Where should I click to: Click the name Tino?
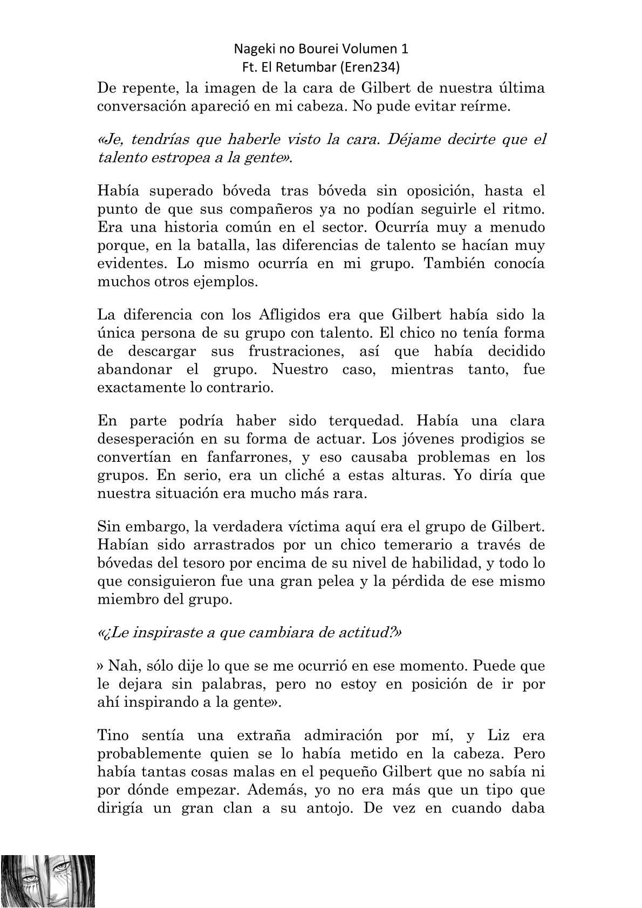[112, 735]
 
